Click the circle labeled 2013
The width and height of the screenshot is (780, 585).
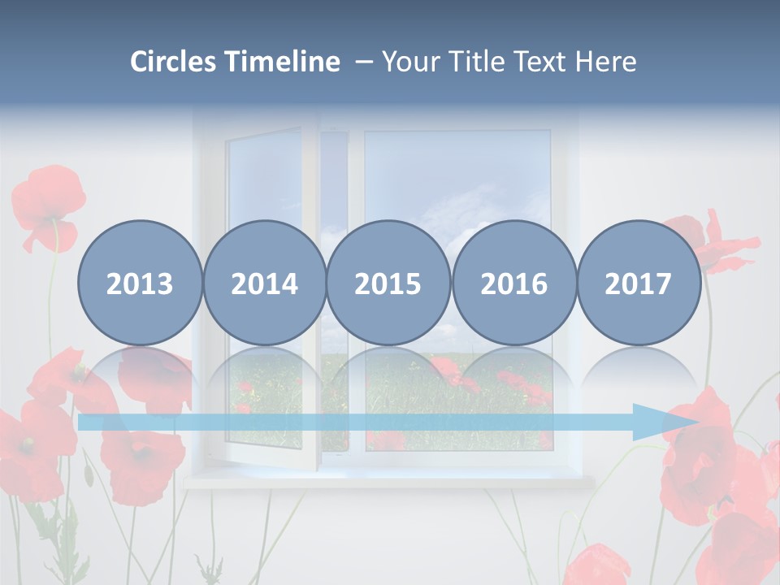(x=140, y=283)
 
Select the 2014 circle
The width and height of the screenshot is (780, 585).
(x=265, y=283)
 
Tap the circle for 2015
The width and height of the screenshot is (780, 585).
(x=388, y=283)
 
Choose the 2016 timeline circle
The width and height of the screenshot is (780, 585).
(x=514, y=283)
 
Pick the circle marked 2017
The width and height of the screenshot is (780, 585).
(x=639, y=283)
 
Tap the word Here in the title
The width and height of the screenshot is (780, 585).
(x=606, y=62)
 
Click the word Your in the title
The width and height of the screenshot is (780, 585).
(x=410, y=62)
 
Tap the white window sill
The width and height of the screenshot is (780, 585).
(x=390, y=482)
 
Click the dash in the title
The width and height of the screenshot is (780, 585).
(x=362, y=62)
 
